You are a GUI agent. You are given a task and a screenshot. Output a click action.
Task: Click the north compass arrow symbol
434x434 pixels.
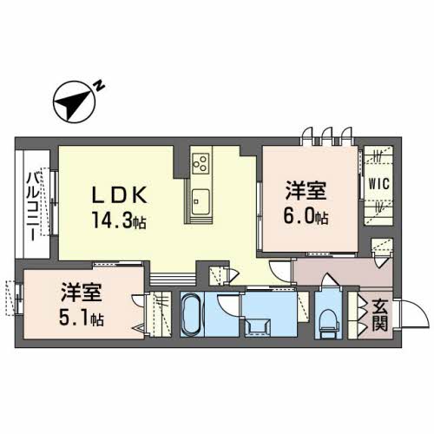coord(74,102)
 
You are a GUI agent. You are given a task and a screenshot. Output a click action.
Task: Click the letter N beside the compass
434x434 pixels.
coord(100,85)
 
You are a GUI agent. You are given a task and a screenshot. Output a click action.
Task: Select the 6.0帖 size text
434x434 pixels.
coord(309,215)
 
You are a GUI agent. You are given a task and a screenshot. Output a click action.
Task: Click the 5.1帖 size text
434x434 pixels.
coord(82,319)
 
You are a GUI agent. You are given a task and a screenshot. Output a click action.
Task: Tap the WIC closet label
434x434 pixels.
coord(378,184)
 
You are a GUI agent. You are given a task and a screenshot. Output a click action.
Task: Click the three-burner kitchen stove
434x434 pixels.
coord(201,163)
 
